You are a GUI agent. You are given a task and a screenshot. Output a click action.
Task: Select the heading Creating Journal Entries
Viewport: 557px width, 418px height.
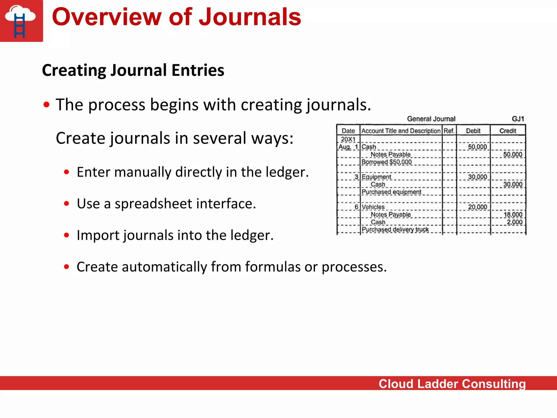tap(133, 70)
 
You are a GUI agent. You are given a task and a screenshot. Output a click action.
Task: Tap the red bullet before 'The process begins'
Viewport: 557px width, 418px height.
tap(47, 105)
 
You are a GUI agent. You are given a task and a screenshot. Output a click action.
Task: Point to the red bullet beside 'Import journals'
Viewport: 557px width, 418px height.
tap(67, 235)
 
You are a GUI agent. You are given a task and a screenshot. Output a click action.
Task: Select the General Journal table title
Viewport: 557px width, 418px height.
tap(431, 119)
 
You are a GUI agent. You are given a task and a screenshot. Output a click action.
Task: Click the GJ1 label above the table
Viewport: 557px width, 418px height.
tap(518, 119)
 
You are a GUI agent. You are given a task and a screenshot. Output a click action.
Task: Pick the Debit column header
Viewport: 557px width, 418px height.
tap(473, 131)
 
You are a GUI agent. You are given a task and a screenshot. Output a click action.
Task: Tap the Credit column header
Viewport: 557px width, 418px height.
tap(508, 131)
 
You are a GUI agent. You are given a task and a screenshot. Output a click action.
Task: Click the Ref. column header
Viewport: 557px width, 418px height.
tap(449, 131)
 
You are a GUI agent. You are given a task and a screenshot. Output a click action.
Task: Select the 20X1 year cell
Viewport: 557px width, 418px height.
tap(348, 139)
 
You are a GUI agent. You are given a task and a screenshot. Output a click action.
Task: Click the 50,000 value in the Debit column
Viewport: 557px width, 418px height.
tap(477, 147)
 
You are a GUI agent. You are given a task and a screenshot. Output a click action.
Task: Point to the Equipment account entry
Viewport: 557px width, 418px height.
tap(376, 177)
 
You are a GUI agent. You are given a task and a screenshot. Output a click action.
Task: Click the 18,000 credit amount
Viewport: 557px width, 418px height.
tap(513, 215)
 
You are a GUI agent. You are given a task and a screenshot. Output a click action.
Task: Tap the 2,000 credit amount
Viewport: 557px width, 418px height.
tap(514, 222)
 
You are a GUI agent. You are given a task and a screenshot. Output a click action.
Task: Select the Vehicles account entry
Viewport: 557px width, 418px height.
tap(373, 207)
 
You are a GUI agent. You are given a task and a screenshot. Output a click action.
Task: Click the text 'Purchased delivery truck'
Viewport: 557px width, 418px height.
tap(395, 230)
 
